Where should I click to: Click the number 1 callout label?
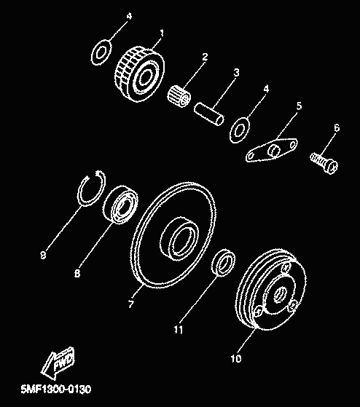[x=162, y=33]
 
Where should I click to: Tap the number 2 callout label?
[x=205, y=57]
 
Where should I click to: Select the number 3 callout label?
[x=236, y=73]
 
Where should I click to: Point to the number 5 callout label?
[x=299, y=106]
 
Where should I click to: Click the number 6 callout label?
[x=337, y=127]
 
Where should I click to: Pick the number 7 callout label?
[x=131, y=304]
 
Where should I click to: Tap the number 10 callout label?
[x=236, y=358]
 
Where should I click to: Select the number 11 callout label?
[x=179, y=330]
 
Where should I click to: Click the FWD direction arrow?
[x=58, y=363]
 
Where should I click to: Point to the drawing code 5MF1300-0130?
[x=56, y=390]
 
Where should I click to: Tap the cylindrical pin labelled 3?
[x=209, y=114]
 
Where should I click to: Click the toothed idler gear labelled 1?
[x=139, y=74]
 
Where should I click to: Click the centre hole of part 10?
[x=280, y=295]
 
